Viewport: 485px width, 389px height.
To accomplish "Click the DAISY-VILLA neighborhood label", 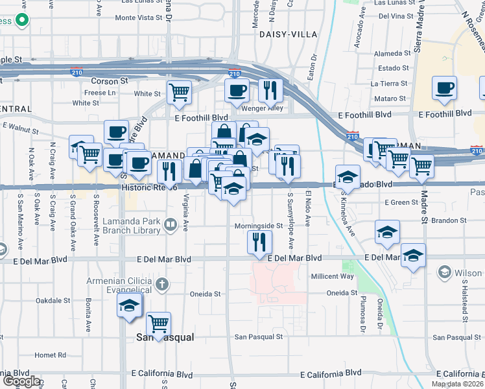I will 289,34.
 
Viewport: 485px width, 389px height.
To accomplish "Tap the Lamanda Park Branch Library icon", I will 171,226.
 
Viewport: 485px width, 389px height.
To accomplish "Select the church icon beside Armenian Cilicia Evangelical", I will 161,284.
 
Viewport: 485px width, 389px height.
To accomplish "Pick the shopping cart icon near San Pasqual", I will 158,322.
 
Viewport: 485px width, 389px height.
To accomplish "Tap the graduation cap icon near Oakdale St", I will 129,305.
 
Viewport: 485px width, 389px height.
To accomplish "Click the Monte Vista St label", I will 138,18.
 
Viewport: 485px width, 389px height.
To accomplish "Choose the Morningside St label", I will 258,226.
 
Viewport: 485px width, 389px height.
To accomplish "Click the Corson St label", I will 109,81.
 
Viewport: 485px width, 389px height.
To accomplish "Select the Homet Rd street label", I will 51,355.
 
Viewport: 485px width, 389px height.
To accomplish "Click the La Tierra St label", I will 390,84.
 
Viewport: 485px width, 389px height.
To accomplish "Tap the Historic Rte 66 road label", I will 149,187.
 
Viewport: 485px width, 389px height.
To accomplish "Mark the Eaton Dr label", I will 312,67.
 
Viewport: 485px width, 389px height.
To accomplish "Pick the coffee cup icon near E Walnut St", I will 116,132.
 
